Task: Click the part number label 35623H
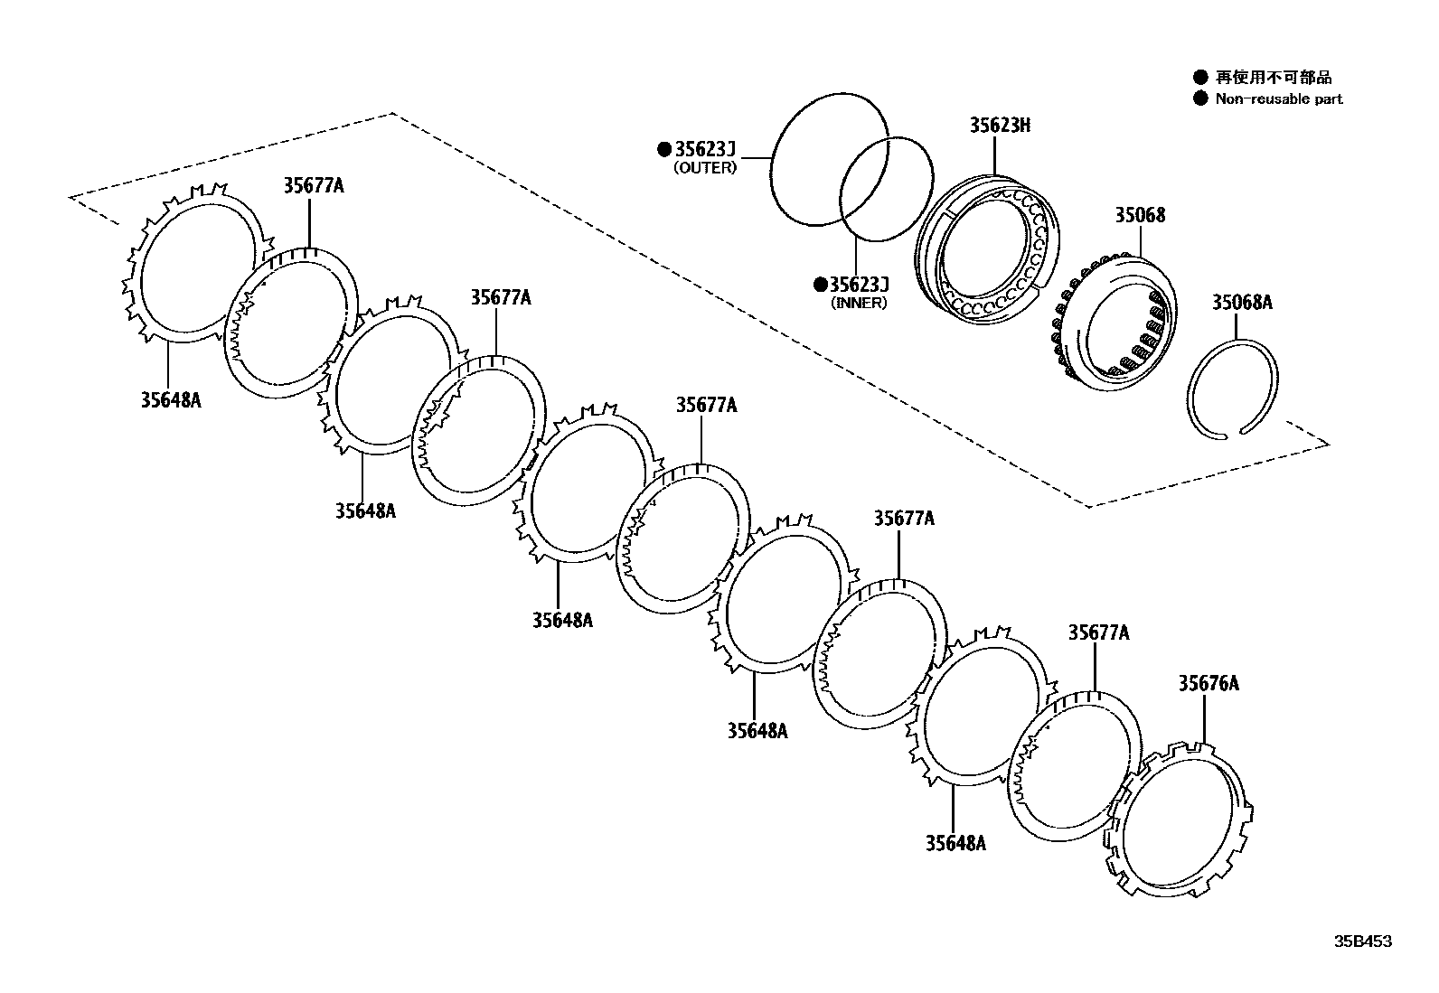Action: tap(1000, 126)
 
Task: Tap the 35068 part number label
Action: tap(1139, 215)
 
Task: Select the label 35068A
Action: tap(1241, 303)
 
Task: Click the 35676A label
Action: tap(1208, 683)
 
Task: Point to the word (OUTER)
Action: tap(705, 168)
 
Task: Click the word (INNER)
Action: tap(859, 303)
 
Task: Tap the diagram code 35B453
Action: tap(1364, 941)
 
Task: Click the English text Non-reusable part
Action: tap(1278, 99)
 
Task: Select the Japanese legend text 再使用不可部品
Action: tap(1273, 78)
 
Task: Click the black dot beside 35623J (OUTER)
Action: tap(664, 149)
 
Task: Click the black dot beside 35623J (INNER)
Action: tap(820, 285)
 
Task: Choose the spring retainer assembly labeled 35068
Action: tap(1117, 325)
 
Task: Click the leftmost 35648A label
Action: tap(170, 399)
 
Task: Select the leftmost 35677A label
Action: tap(313, 186)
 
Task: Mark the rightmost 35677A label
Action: tap(1098, 632)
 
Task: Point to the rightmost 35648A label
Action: tap(955, 844)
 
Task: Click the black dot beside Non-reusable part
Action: tap(1200, 98)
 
